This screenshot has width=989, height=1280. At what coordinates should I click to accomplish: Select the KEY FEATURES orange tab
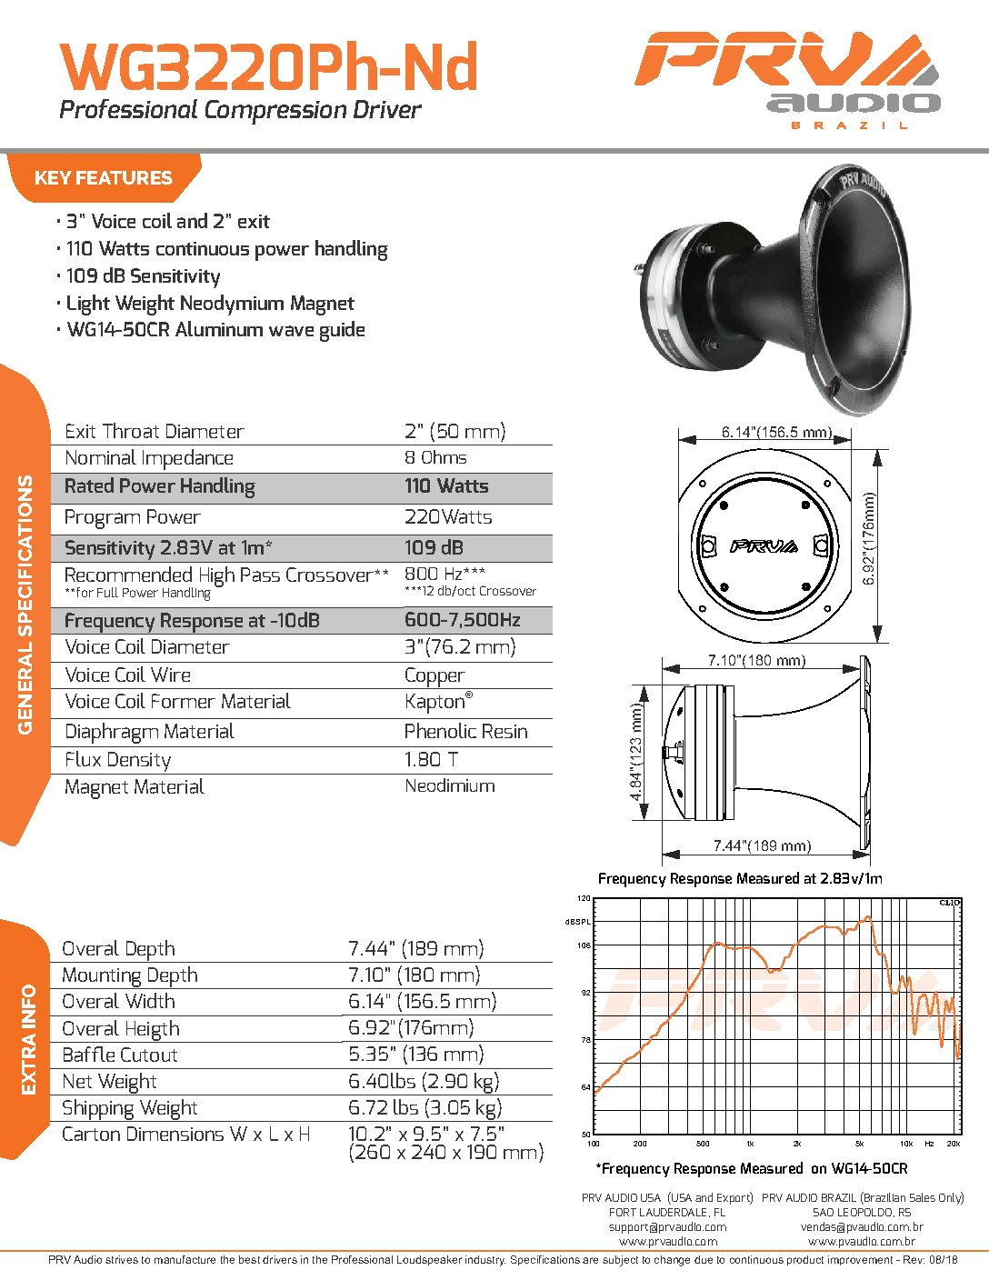103,178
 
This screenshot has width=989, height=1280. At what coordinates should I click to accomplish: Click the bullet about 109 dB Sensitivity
143,276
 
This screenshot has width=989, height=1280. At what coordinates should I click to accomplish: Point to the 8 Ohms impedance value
435,458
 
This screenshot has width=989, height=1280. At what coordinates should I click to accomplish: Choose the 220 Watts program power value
447,517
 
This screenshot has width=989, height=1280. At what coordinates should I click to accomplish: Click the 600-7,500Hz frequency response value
462,621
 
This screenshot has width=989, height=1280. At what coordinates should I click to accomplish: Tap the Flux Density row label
117,760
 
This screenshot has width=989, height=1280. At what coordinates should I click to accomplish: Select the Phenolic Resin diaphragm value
465,732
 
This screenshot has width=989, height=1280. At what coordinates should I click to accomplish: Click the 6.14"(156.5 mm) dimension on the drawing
776,433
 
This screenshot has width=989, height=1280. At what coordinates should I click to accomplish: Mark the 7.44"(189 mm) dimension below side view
762,846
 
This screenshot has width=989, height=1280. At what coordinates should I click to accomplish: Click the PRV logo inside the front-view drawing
764,546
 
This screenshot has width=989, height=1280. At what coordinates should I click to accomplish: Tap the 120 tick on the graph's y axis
584,898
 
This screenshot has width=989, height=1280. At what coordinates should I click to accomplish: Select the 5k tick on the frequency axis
859,1144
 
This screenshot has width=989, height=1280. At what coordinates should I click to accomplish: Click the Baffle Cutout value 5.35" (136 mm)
415,1055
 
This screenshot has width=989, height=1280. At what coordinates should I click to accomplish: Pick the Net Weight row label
109,1082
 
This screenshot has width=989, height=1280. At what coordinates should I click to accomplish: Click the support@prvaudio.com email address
667,1227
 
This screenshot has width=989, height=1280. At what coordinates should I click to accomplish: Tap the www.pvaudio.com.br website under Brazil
861,1242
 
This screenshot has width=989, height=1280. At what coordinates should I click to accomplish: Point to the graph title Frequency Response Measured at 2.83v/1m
740,878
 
